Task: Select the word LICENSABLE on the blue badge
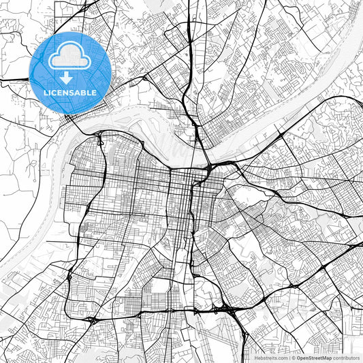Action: (x=70, y=93)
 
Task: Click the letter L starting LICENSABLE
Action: (x=46, y=93)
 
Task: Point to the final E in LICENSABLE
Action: (x=94, y=93)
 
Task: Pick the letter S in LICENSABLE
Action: (x=73, y=93)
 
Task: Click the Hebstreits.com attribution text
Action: (x=271, y=357)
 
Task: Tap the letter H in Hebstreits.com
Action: (x=257, y=357)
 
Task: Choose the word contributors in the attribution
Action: (x=346, y=357)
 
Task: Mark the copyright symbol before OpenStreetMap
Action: (x=294, y=357)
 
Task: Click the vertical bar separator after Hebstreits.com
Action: (x=289, y=357)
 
